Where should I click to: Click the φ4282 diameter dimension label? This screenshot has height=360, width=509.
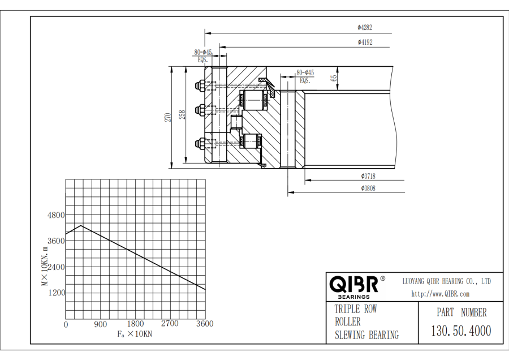365,28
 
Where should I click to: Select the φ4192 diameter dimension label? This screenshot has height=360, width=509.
365,42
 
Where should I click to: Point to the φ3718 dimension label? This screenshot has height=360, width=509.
368,176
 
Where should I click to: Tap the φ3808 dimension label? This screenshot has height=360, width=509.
368,188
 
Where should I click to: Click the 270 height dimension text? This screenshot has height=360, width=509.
167,117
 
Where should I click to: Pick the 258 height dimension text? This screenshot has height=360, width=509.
183,115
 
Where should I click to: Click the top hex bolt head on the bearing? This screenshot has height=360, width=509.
199,86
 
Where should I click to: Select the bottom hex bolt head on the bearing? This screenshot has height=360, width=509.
199,143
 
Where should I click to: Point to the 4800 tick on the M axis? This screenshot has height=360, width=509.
56,215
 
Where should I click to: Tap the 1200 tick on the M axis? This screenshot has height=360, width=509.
57,293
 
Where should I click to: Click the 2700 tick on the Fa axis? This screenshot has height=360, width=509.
170,324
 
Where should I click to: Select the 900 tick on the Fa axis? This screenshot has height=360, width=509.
100,324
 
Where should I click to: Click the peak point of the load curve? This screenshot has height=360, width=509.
81,225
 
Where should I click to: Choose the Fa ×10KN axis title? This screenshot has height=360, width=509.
135,334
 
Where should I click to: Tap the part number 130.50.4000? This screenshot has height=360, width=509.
461,331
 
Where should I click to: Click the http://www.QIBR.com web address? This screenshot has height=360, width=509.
441,294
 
